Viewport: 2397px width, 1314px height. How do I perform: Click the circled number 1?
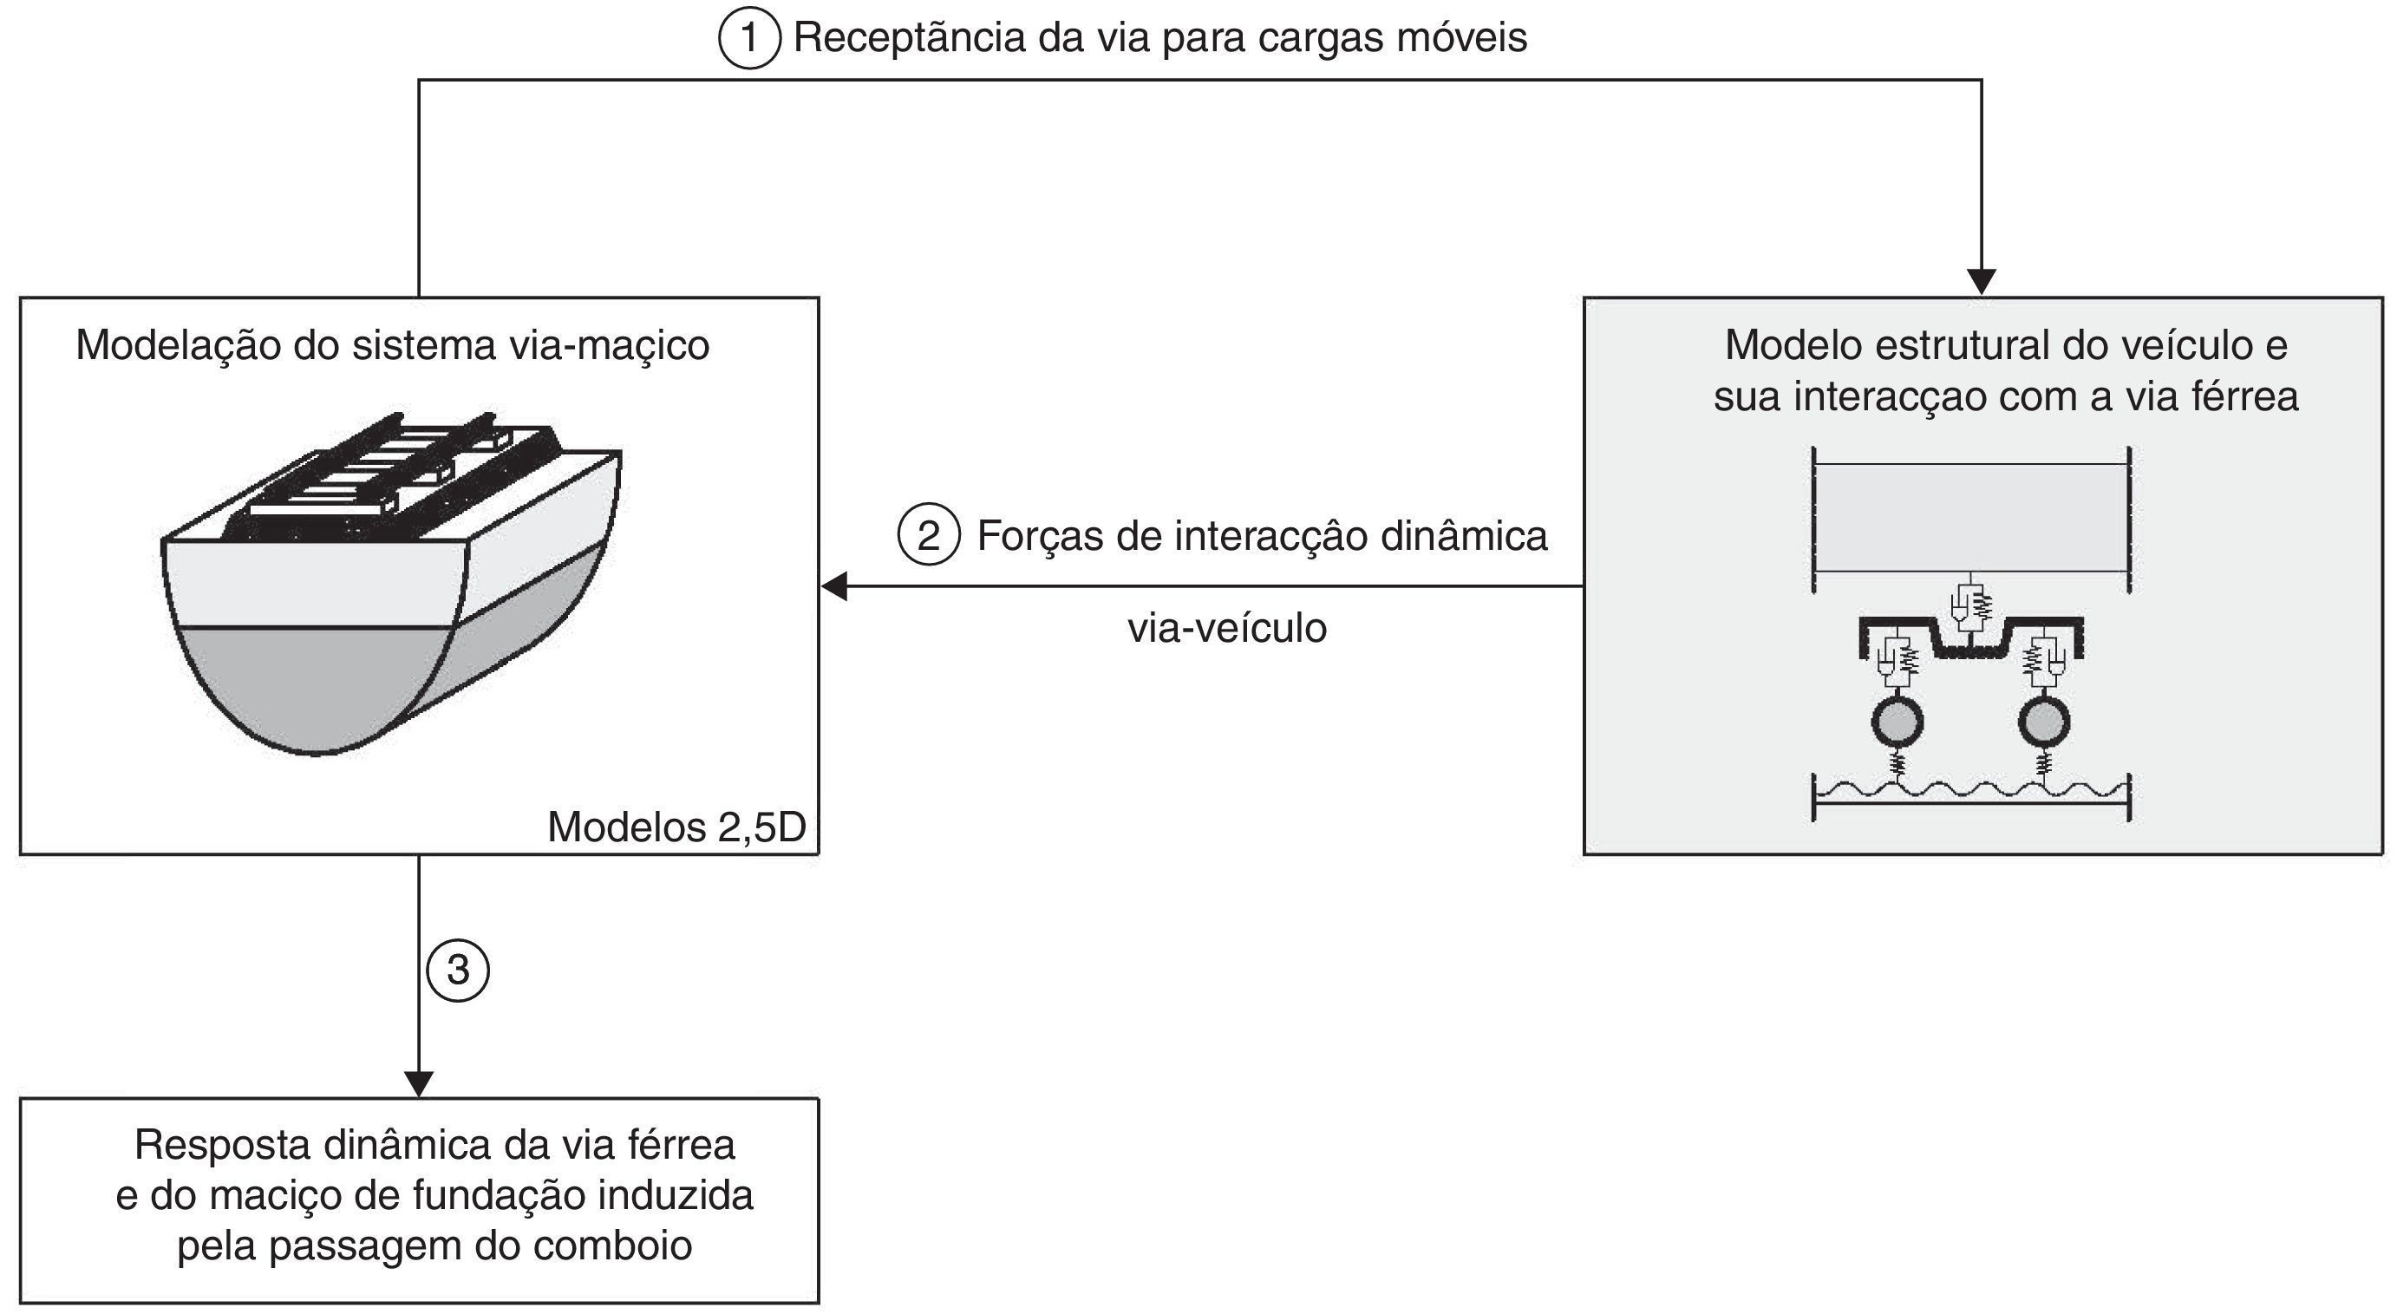pyautogui.click(x=749, y=39)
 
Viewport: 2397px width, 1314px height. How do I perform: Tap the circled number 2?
pyautogui.click(x=928, y=536)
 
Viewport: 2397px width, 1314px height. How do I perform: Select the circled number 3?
pyautogui.click(x=458, y=971)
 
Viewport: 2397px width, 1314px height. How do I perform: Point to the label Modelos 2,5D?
pyautogui.click(x=676, y=827)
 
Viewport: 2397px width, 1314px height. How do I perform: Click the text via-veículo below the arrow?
pyautogui.click(x=1226, y=629)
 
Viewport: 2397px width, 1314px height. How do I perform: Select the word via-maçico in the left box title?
pyautogui.click(x=609, y=346)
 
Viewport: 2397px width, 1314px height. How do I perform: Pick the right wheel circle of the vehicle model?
pyautogui.click(x=2044, y=722)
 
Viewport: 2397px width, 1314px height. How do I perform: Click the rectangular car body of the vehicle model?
pyautogui.click(x=1972, y=518)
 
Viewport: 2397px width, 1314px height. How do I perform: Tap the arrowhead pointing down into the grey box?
pyautogui.click(x=1982, y=281)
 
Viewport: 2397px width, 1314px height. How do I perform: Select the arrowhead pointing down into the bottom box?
pyautogui.click(x=419, y=1084)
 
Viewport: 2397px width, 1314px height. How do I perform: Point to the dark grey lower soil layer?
pyautogui.click(x=317, y=679)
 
